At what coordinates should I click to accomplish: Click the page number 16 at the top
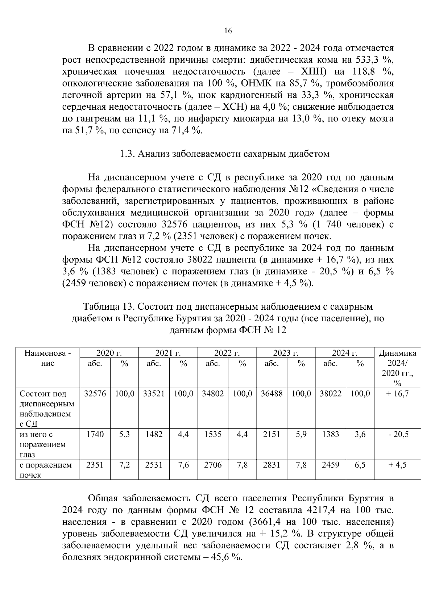(x=228, y=31)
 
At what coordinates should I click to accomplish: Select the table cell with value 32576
(x=95, y=394)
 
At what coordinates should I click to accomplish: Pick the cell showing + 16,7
(x=397, y=394)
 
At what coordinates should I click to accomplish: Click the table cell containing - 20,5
(x=397, y=434)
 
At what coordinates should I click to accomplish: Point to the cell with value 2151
(x=272, y=434)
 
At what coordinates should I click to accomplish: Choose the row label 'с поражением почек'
(x=45, y=470)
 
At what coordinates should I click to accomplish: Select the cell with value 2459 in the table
(x=330, y=465)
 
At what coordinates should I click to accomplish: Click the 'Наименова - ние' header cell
(x=47, y=358)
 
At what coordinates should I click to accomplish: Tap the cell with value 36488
(x=272, y=394)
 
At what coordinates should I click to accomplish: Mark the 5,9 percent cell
(x=301, y=434)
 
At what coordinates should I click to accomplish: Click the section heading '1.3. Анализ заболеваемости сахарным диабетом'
(x=224, y=154)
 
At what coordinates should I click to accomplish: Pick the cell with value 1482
(x=154, y=434)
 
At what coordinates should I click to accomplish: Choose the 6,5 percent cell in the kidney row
(x=360, y=465)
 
